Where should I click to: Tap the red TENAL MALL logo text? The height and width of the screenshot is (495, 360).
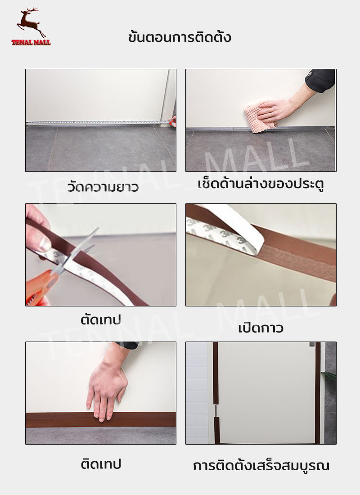(31, 43)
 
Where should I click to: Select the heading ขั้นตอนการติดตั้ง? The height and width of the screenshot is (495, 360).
(180, 37)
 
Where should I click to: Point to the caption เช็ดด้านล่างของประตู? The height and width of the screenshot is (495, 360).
(261, 184)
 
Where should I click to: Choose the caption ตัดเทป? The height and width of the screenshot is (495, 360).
(101, 320)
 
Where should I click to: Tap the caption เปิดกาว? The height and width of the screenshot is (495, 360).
(261, 328)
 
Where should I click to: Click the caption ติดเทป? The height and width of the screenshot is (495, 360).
(101, 464)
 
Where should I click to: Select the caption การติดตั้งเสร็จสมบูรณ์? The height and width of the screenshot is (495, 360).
(261, 466)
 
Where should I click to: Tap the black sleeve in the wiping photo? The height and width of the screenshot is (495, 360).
(320, 80)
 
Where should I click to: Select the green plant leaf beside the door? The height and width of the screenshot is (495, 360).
(329, 376)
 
